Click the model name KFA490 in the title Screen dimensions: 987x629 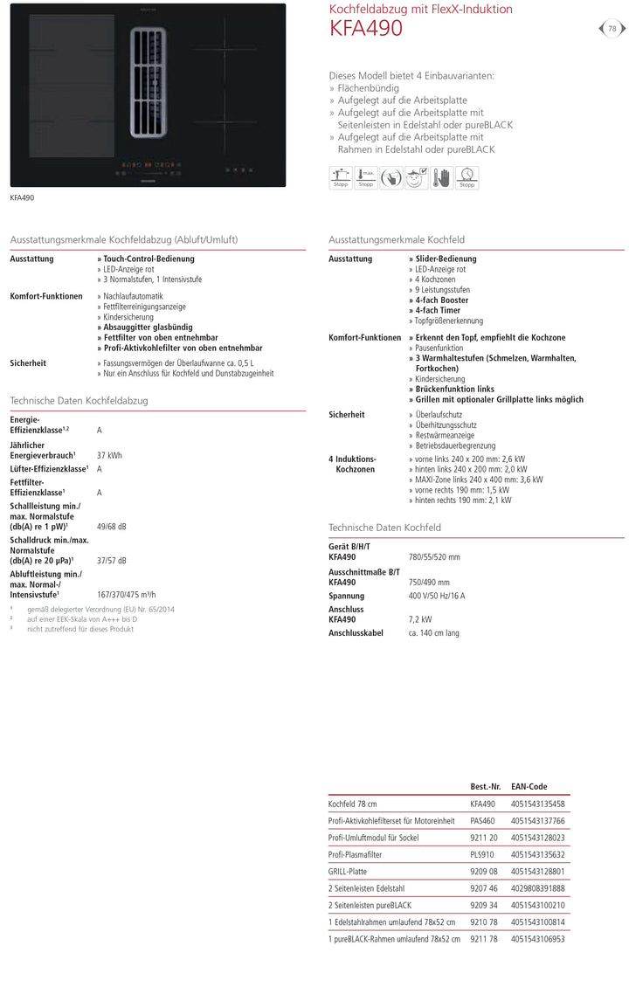(366, 30)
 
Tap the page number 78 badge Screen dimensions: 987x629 (612, 29)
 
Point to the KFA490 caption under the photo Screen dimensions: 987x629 (22, 198)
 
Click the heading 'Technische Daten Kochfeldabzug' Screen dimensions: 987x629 (79, 401)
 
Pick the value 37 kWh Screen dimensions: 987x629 (109, 455)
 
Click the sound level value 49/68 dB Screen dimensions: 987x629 (111, 527)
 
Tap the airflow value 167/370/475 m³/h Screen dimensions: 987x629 (126, 594)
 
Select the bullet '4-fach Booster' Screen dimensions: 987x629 (441, 300)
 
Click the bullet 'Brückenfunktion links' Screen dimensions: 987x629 (454, 390)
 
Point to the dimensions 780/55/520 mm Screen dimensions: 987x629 (434, 557)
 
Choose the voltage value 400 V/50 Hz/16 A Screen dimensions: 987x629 (437, 596)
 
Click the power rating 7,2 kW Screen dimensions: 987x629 (420, 619)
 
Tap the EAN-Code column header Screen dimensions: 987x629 (529, 787)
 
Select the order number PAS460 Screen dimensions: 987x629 (482, 821)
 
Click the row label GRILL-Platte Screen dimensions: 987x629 (348, 872)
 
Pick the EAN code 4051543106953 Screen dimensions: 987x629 (537, 939)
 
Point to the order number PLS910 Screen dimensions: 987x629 (482, 855)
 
